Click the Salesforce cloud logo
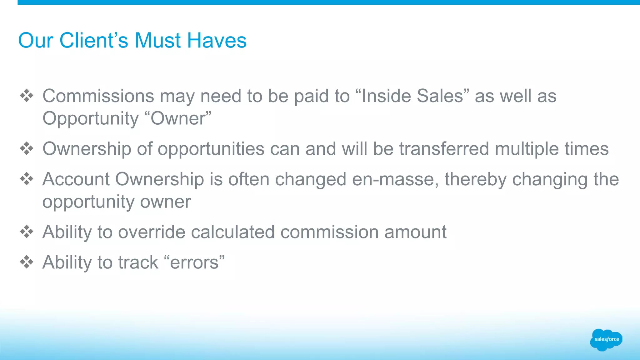coord(606,339)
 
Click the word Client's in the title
coord(94,41)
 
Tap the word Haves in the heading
coord(217,41)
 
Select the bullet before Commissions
coord(27,96)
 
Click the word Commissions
coord(98,96)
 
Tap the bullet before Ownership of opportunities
coord(27,148)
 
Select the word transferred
coord(444,148)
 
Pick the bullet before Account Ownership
coord(27,179)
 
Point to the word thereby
coord(475,179)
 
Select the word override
coord(152,232)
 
